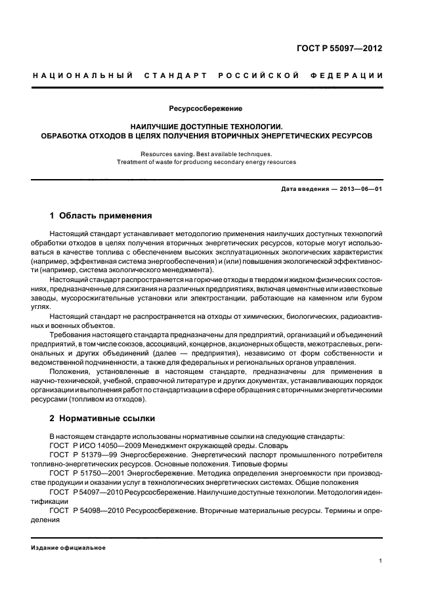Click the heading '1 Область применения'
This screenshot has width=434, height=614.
(101, 215)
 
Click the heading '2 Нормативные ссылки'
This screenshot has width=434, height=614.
(100, 419)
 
